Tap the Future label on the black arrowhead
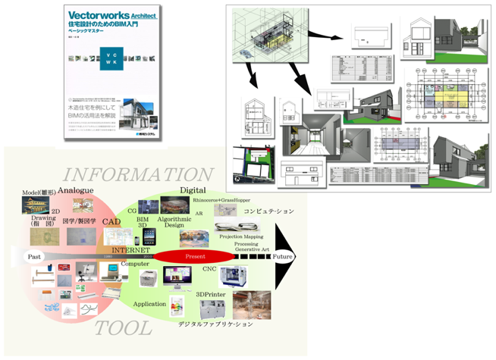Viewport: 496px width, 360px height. click(x=283, y=257)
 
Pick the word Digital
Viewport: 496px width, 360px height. click(x=193, y=189)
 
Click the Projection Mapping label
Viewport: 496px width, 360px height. click(x=241, y=236)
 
